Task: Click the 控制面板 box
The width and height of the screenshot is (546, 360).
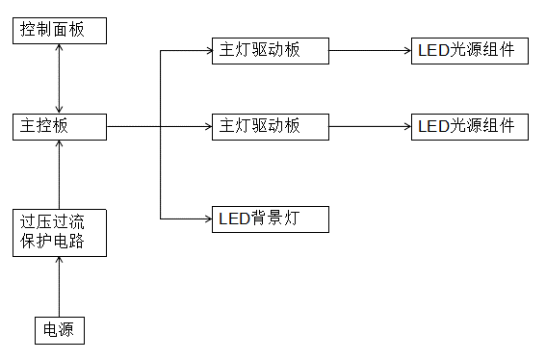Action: point(59,30)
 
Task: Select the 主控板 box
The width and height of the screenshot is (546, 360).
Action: point(59,126)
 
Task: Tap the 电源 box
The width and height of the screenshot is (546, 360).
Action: point(59,330)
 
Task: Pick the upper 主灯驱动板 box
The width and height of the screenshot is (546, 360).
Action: point(270,51)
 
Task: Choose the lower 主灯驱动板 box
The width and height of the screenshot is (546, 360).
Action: point(270,126)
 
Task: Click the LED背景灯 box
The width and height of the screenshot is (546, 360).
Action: point(270,219)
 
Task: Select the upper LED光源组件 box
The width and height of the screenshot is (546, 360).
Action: point(469,51)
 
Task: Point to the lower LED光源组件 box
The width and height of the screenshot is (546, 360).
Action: point(469,126)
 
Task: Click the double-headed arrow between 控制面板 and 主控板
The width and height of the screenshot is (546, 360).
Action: point(59,78)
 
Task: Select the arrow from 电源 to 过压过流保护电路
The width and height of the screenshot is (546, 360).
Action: point(59,286)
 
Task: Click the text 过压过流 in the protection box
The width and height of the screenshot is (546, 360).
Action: point(53,222)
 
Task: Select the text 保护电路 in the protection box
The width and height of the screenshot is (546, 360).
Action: point(53,242)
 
